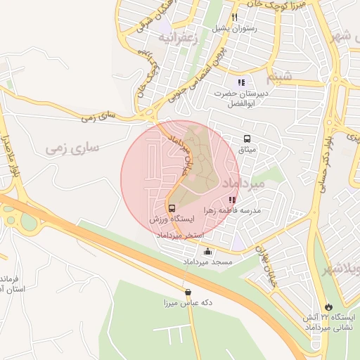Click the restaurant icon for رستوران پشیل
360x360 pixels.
click(235, 18)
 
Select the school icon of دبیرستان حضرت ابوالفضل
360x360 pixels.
click(241, 83)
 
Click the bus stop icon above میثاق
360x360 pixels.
click(247, 139)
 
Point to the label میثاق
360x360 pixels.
click(247, 150)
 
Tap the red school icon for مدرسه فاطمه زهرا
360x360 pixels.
click(233, 200)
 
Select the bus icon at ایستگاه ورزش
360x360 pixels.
click(172, 209)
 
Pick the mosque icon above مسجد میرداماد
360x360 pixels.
click(207, 252)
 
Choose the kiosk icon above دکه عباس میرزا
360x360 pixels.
click(188, 292)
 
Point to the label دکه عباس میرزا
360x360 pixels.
click(188, 303)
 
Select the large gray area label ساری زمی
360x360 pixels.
click(73, 148)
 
